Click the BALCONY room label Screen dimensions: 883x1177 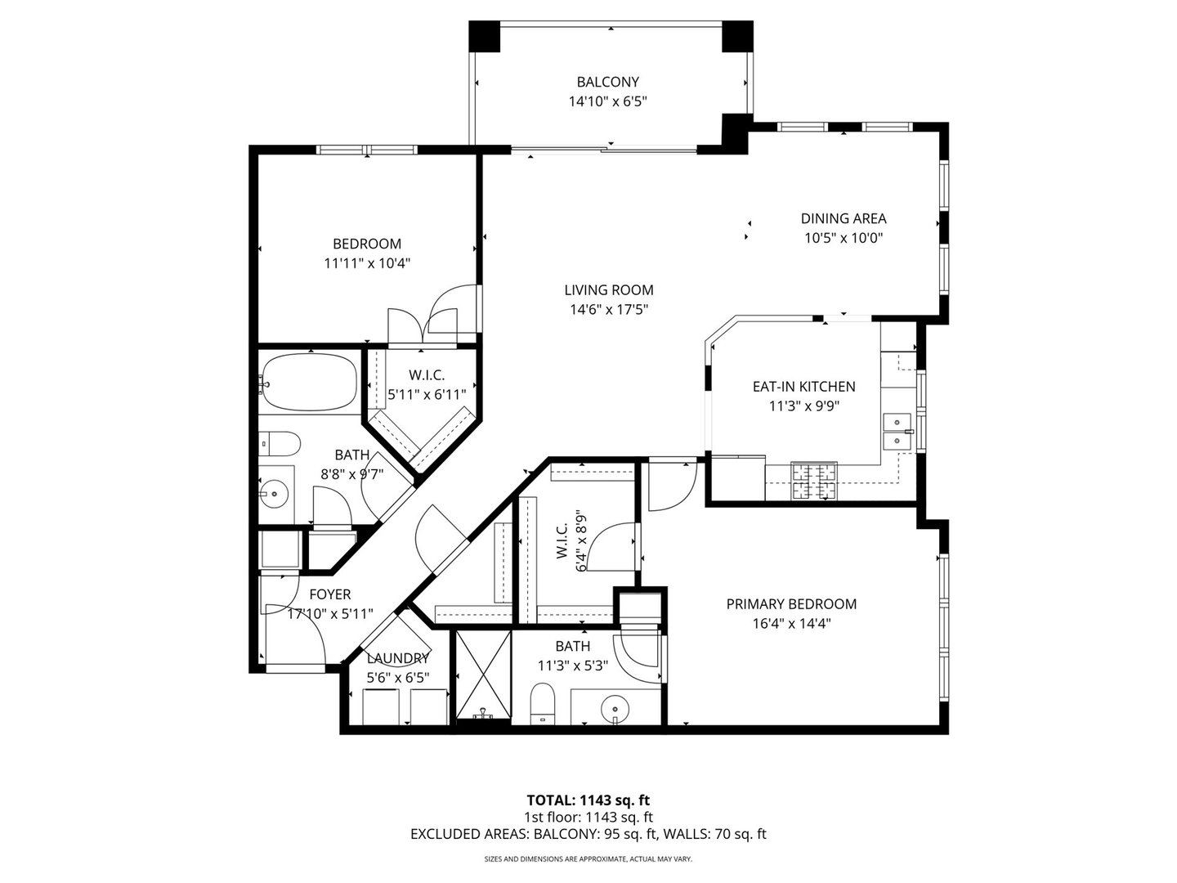607,82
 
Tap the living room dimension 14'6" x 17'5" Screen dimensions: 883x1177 608,309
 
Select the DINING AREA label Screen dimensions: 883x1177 843,218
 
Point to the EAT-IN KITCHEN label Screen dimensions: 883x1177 803,387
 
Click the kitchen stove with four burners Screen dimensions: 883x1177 814,482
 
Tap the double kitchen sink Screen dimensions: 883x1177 897,430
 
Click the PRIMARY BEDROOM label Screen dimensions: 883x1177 791,604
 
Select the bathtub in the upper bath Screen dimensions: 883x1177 309,383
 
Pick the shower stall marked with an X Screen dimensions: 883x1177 483,675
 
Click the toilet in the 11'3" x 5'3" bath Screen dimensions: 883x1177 542,703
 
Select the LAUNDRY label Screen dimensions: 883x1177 398,658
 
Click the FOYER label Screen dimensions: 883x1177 329,594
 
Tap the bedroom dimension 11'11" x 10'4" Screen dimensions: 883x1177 366,263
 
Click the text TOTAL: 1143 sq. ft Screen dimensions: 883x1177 588,800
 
